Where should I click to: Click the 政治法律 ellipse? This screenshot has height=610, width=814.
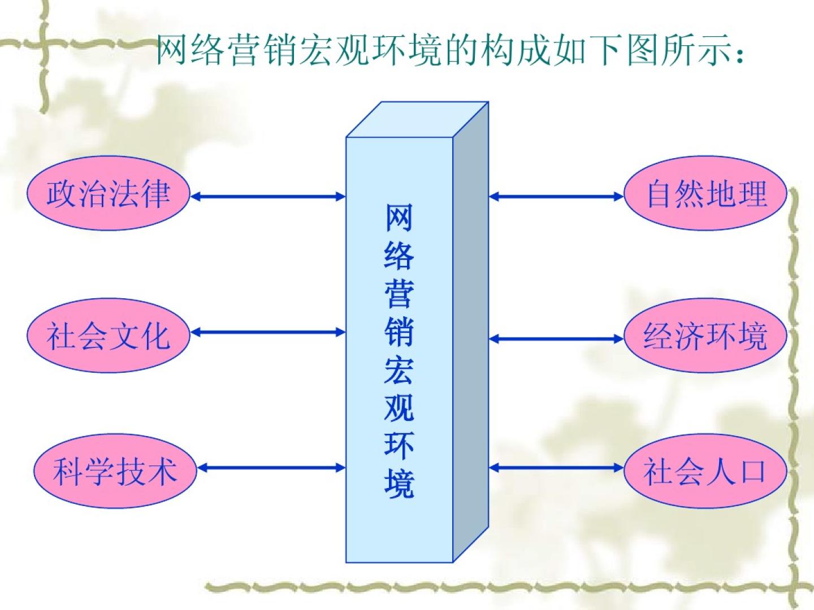pyautogui.click(x=107, y=194)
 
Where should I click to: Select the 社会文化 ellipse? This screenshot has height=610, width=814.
pyautogui.click(x=107, y=335)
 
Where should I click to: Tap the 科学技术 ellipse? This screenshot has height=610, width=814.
pyautogui.click(x=115, y=470)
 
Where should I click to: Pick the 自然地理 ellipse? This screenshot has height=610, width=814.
pyautogui.click(x=706, y=194)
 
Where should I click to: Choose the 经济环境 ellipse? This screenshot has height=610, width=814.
pyautogui.click(x=705, y=336)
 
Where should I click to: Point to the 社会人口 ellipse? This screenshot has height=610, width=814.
pyautogui.click(x=705, y=470)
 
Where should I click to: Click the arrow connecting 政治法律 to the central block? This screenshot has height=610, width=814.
pyautogui.click(x=268, y=197)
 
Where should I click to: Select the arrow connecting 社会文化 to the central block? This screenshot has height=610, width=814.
pyautogui.click(x=268, y=332)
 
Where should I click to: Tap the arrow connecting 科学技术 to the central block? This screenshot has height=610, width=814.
pyautogui.click(x=271, y=468)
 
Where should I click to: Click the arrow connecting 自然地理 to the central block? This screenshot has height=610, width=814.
pyautogui.click(x=556, y=197)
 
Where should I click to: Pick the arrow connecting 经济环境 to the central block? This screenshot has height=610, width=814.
pyautogui.click(x=556, y=339)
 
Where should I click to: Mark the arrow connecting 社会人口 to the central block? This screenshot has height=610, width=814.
pyautogui.click(x=556, y=468)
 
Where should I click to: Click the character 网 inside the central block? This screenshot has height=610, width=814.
pyautogui.click(x=399, y=217)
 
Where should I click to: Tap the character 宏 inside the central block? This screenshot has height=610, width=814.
pyautogui.click(x=399, y=368)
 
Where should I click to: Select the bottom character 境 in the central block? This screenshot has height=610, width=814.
pyautogui.click(x=399, y=483)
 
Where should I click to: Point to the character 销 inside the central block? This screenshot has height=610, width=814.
pyautogui.click(x=399, y=330)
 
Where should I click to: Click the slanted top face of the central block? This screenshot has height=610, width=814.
pyautogui.click(x=417, y=120)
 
